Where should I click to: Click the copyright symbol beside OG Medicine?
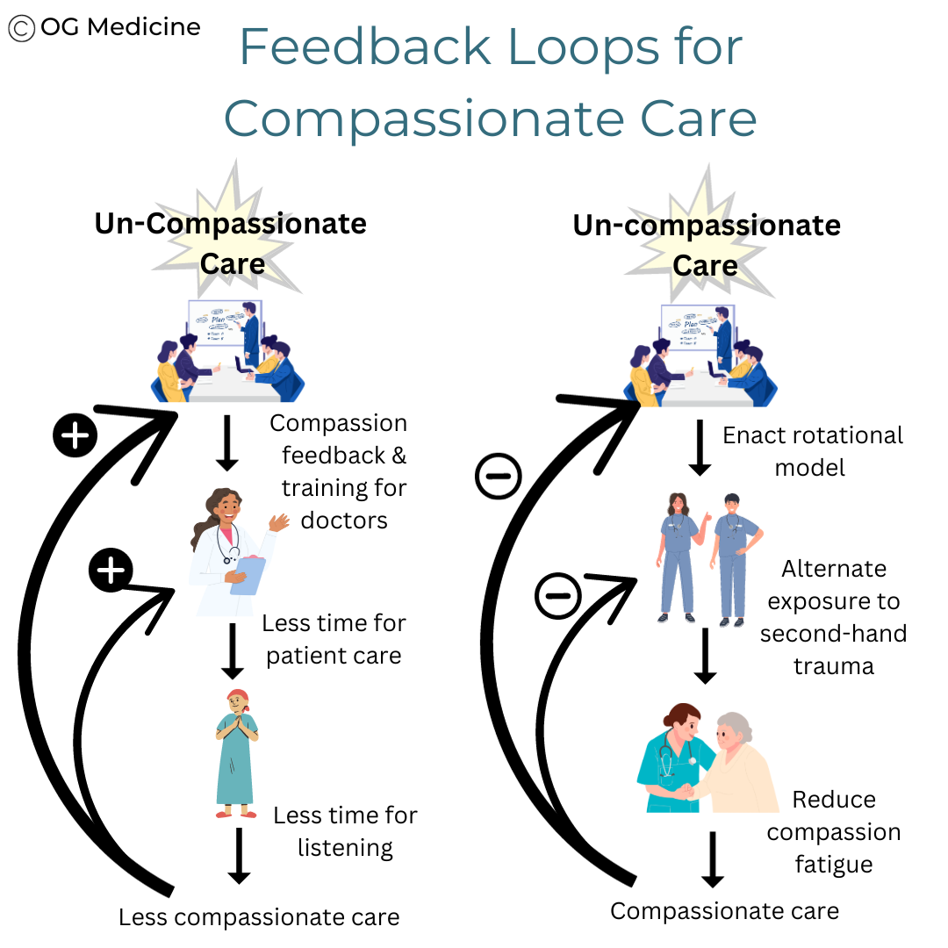[22, 28]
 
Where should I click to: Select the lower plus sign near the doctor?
[110, 571]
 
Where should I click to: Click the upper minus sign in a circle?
[498, 478]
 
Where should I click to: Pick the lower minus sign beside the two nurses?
[558, 597]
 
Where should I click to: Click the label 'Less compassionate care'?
[259, 918]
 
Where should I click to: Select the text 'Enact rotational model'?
[812, 451]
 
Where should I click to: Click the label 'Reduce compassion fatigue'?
[833, 832]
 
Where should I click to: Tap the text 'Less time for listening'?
[345, 830]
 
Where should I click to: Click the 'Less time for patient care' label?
[334, 639]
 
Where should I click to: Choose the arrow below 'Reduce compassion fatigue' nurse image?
[713, 858]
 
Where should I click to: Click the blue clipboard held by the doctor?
[248, 576]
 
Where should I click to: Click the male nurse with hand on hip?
[734, 557]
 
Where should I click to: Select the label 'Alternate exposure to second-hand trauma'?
[833, 617]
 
